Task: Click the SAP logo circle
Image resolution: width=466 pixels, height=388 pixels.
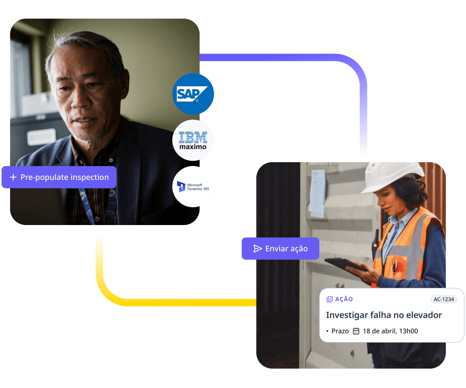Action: (x=193, y=94)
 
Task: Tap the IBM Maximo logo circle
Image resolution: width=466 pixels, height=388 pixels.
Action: (x=193, y=140)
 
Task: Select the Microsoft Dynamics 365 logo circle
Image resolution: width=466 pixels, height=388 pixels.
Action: (x=193, y=187)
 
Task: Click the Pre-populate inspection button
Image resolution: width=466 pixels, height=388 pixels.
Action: (x=59, y=177)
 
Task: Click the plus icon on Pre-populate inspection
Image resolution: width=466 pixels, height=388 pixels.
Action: (x=13, y=177)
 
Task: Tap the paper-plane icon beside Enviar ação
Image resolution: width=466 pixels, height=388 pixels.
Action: (x=257, y=249)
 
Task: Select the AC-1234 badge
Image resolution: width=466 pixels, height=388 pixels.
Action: (x=444, y=299)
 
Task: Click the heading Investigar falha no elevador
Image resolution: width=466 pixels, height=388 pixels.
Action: (x=384, y=315)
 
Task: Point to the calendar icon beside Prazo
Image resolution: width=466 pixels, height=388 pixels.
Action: (x=356, y=331)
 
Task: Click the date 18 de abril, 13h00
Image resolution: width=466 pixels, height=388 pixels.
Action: (x=390, y=331)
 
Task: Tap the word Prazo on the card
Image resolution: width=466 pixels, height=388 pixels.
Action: (x=340, y=331)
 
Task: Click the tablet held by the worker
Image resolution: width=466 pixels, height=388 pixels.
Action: (x=344, y=264)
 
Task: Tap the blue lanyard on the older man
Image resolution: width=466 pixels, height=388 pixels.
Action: (x=86, y=206)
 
